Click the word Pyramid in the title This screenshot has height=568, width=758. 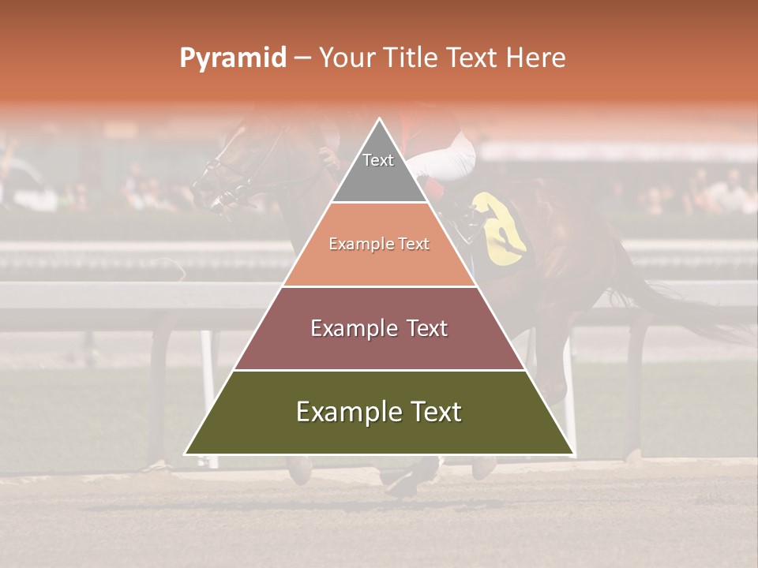[232, 58]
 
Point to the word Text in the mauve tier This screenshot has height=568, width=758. [426, 328]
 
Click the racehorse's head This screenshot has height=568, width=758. [225, 170]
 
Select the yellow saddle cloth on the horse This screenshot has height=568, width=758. [502, 229]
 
